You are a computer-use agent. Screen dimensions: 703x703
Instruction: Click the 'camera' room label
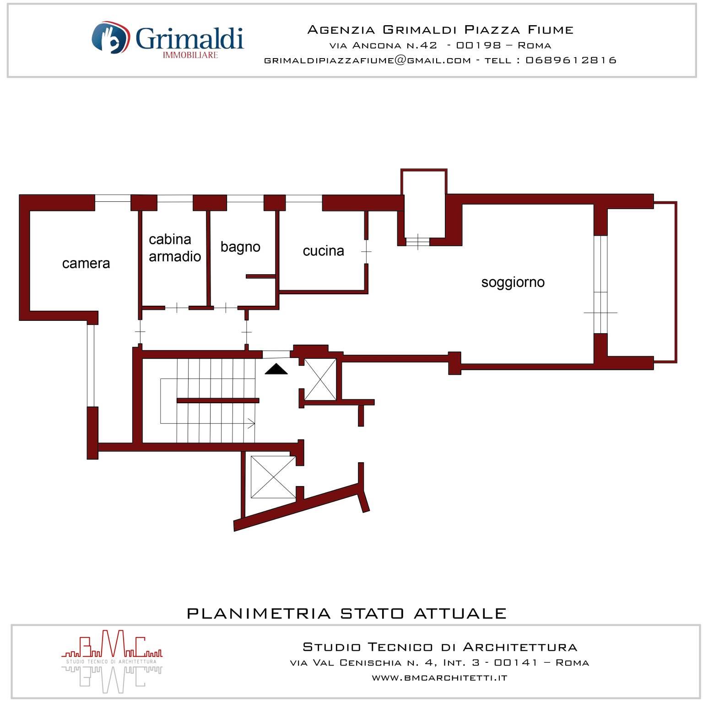coord(86,264)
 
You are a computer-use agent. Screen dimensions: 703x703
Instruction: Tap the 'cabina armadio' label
coord(175,248)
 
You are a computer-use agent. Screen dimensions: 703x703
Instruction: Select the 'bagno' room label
coord(240,247)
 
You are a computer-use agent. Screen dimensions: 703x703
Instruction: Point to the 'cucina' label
coord(324,251)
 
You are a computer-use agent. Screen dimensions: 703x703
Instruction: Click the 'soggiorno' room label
coord(513,282)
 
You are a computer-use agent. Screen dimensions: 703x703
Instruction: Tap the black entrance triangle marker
coord(276,369)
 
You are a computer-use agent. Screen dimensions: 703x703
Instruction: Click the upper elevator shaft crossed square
coord(320,379)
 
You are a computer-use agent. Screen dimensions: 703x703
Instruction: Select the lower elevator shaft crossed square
coord(273,477)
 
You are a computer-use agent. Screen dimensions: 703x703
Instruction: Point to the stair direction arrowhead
coord(251,423)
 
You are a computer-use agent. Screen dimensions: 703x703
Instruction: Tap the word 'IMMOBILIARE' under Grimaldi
coord(190,55)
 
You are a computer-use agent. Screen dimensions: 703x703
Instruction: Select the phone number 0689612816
coord(571,60)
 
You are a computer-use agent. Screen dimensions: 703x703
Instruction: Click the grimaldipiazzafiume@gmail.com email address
coord(368,60)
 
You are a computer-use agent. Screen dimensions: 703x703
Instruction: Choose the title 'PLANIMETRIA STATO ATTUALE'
coord(347,613)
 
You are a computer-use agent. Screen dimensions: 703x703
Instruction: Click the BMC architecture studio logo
coord(112,659)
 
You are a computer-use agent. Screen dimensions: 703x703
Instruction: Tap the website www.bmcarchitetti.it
coord(439,678)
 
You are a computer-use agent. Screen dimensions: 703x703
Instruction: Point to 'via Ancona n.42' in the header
coord(383,45)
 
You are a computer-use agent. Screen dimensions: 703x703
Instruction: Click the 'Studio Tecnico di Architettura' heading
coord(440,647)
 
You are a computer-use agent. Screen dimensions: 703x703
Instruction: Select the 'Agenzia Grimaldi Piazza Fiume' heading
coord(440,30)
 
